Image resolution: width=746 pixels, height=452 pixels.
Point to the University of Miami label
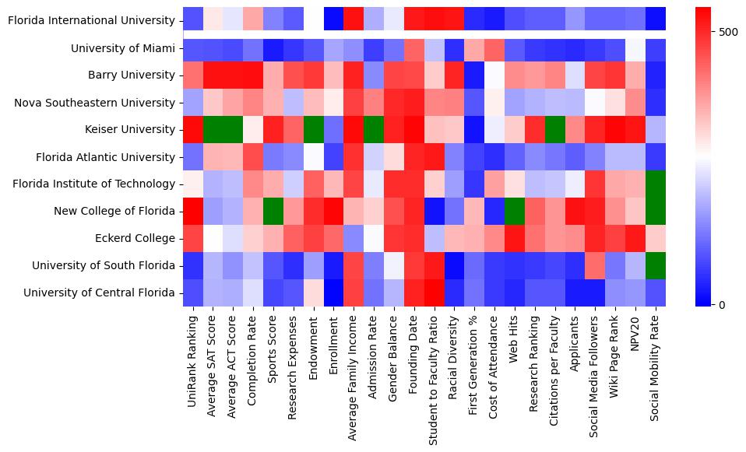pyautogui.click(x=123, y=48)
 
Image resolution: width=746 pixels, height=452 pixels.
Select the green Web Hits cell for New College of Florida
pyautogui.click(x=515, y=212)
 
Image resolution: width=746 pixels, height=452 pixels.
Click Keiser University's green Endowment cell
pyautogui.click(x=314, y=130)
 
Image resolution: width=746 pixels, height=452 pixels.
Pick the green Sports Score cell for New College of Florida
pyautogui.click(x=273, y=212)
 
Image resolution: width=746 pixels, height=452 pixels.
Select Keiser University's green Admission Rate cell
pyautogui.click(x=374, y=130)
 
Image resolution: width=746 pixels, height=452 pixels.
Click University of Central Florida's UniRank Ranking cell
pyautogui.click(x=192, y=293)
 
